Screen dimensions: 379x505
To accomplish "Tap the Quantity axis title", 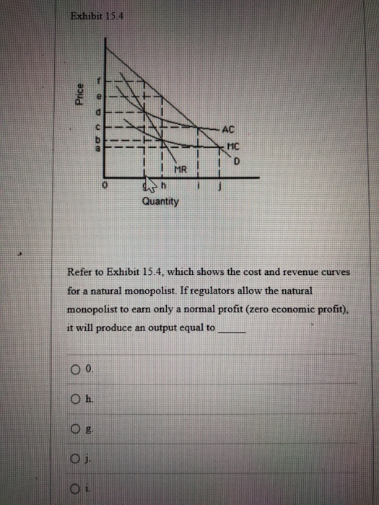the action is point(160,203).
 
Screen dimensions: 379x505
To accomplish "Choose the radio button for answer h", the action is point(76,400).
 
